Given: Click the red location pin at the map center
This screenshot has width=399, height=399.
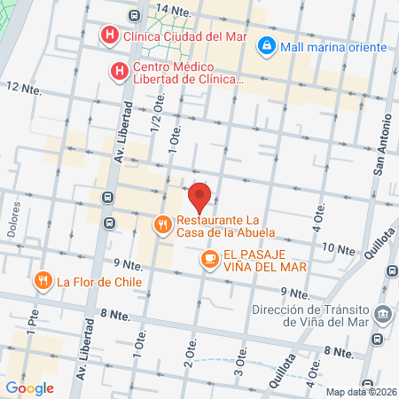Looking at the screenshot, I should [199, 196].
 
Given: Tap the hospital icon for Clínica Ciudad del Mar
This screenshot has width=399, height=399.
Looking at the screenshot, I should [108, 36].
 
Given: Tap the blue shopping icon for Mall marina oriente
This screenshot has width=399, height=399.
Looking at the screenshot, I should [265, 45].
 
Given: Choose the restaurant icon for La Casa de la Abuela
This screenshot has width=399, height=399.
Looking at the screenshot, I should [161, 225].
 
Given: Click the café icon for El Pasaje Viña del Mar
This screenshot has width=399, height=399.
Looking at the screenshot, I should [209, 258].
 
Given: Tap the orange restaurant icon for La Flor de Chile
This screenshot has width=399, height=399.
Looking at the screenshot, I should [42, 282].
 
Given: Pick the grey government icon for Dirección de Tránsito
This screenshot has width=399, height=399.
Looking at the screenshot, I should [382, 313].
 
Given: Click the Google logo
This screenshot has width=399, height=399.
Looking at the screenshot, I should [29, 387].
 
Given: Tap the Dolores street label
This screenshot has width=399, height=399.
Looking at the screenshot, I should [14, 224].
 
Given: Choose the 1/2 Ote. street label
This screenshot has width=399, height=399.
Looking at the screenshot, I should [160, 120].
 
